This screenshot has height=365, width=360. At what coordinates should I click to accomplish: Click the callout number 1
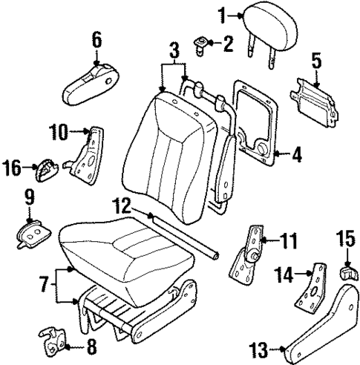[222, 13]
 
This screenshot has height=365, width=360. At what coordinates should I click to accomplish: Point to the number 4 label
[297, 156]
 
